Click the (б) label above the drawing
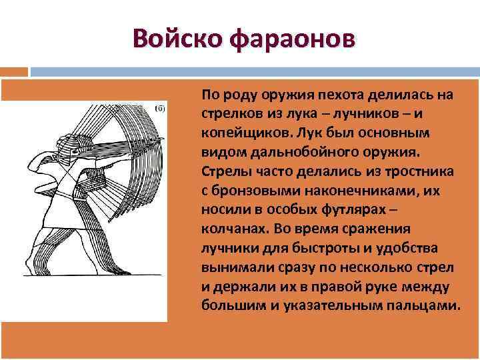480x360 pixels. pyautogui.click(x=159, y=108)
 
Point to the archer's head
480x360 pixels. pyautogui.click(x=69, y=144)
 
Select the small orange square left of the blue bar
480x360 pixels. pyautogui.click(x=14, y=71)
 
